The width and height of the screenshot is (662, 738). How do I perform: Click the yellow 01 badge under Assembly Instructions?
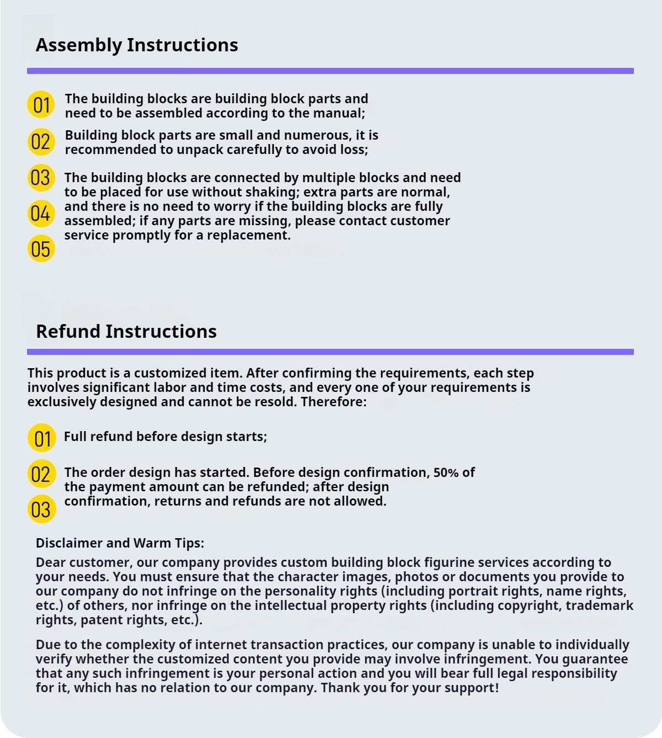click(x=41, y=105)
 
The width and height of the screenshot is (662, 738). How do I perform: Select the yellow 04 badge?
click(x=41, y=214)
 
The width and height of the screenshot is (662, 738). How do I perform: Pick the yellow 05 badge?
click(x=41, y=249)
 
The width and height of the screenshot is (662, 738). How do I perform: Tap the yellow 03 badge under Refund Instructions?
click(x=41, y=509)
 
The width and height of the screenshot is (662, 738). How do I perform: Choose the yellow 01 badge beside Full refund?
click(x=42, y=438)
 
